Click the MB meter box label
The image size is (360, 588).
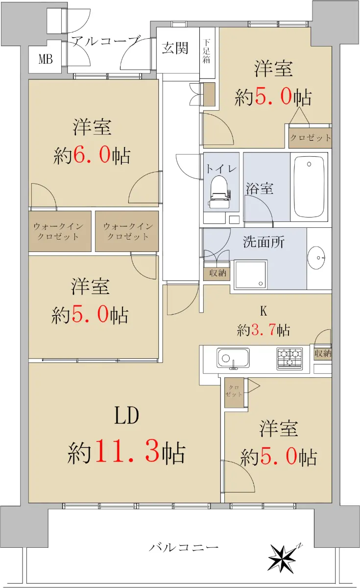(46, 59)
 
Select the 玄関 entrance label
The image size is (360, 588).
(175, 48)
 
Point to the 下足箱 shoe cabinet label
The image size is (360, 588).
(207, 51)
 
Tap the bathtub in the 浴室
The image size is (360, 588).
(309, 187)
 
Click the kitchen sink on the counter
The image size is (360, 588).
(233, 358)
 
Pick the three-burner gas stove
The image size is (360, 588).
(289, 359)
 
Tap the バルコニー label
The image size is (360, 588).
(184, 547)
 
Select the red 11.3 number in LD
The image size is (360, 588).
(127, 450)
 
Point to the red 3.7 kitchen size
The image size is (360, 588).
(264, 330)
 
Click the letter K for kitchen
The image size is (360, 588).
(264, 311)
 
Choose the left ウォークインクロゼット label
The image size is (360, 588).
(58, 231)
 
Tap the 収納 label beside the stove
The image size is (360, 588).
(323, 354)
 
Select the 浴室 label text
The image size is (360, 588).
(260, 188)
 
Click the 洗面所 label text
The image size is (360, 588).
(264, 242)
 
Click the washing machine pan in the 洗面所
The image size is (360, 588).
(250, 274)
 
